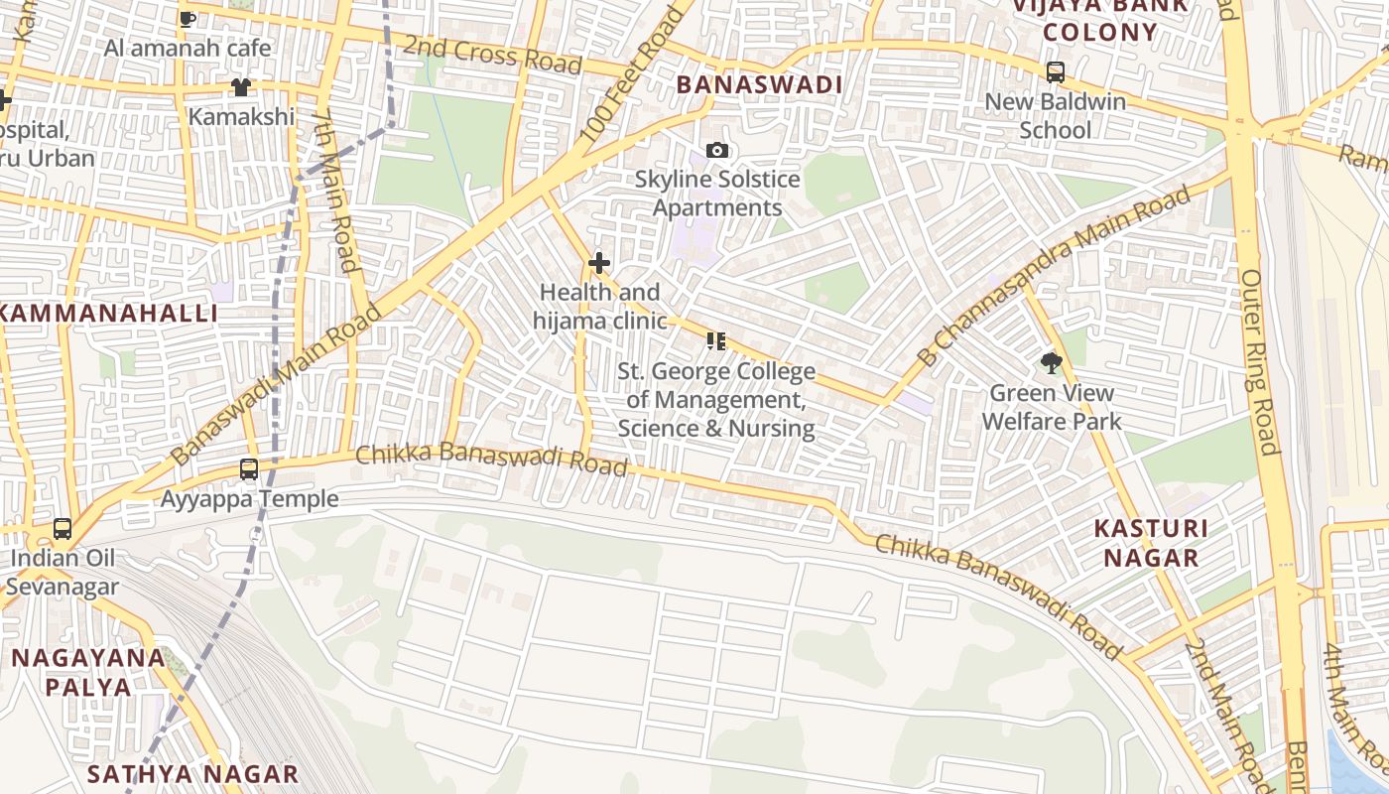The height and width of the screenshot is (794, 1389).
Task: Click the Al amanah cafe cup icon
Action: [188, 18]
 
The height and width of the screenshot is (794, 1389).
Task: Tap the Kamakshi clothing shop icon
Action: [241, 87]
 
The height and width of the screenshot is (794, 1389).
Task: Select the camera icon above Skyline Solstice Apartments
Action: [716, 151]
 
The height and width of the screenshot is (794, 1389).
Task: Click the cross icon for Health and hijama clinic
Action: [599, 263]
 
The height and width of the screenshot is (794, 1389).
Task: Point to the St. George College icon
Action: [716, 341]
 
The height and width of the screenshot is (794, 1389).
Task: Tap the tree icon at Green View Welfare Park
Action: [1052, 363]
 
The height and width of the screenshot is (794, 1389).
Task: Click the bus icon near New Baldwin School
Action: [1056, 72]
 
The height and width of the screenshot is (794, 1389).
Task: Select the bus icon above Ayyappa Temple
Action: [249, 469]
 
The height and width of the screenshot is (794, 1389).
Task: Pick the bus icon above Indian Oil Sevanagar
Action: [63, 529]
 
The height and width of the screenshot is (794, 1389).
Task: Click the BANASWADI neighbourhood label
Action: [759, 85]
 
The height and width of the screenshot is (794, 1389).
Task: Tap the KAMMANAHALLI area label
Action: [107, 314]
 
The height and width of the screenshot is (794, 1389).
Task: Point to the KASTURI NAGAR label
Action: [1151, 543]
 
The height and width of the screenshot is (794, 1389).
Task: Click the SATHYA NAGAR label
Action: [192, 774]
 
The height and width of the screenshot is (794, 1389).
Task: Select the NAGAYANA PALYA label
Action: [88, 672]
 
